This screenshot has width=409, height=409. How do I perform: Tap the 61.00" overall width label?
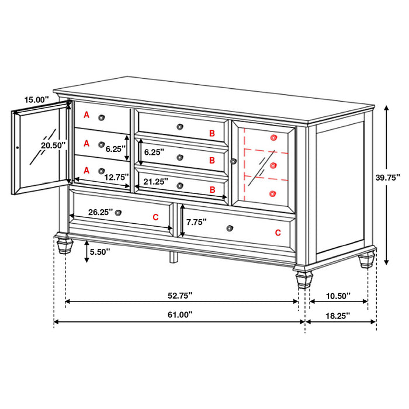pyautogui.click(x=180, y=314)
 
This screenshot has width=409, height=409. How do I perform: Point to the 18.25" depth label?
pyautogui.click(x=337, y=315)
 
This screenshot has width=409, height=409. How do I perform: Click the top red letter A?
pyautogui.click(x=86, y=115)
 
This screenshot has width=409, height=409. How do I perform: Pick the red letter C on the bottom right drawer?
pyautogui.click(x=278, y=233)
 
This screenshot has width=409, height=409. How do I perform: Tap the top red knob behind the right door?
pyautogui.click(x=273, y=137)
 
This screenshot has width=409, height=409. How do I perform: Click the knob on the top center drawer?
pyautogui.click(x=180, y=126)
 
